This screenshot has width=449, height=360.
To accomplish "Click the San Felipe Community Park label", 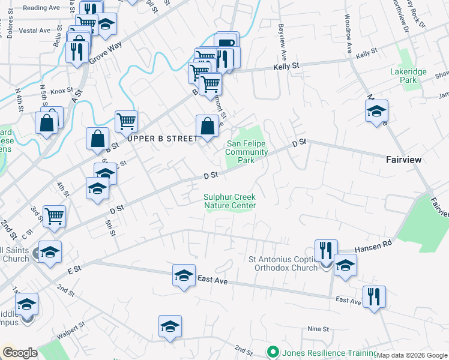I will (247, 152).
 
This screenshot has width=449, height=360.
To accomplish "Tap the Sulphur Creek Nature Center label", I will (230, 201).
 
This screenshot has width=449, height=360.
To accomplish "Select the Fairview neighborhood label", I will (403, 160).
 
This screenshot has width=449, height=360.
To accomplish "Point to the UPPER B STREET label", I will (163, 139).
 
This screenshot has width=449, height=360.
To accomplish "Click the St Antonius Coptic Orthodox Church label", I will (283, 263).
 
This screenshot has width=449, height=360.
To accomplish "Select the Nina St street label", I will (318, 329).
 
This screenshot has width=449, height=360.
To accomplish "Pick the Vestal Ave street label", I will (34, 30).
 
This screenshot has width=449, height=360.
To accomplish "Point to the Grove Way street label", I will (105, 53).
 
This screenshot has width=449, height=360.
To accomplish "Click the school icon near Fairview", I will (376, 112).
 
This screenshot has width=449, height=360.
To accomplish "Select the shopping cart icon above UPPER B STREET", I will (126, 122).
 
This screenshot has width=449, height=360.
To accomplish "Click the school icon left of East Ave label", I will (184, 275).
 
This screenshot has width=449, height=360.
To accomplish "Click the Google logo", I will (20, 352).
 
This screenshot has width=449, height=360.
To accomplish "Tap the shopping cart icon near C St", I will (54, 216).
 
